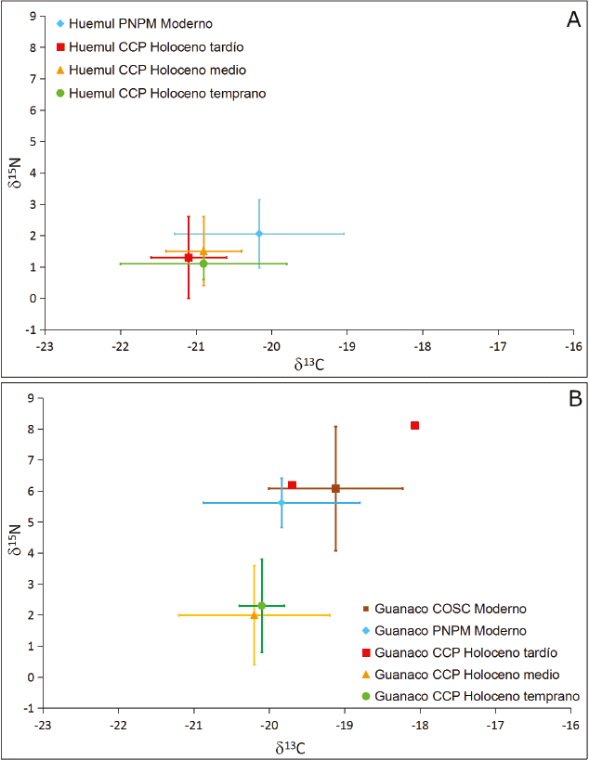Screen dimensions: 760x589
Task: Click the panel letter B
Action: click(x=574, y=400)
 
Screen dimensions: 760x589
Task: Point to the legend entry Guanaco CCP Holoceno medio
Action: click(x=465, y=674)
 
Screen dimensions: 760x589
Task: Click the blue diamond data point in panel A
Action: click(x=259, y=234)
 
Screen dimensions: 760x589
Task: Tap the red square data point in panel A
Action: click(x=189, y=257)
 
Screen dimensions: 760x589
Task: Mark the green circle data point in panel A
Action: click(x=203, y=264)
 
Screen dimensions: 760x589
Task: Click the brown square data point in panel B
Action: click(x=335, y=488)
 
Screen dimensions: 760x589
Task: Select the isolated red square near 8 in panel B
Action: click(x=414, y=425)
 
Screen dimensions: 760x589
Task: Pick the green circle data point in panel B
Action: click(x=262, y=606)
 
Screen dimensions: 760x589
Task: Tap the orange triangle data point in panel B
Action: click(x=254, y=615)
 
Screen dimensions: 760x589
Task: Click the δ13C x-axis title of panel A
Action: click(x=307, y=365)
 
